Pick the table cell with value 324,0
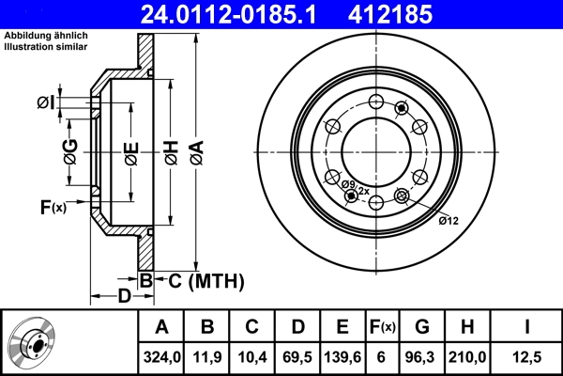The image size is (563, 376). pyautogui.click(x=161, y=356)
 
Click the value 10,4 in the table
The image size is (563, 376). pyautogui.click(x=252, y=356)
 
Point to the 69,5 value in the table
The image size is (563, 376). pyautogui.click(x=297, y=356)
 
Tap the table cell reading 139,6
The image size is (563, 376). pyautogui.click(x=342, y=356)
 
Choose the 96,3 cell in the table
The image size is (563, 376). pyautogui.click(x=421, y=356)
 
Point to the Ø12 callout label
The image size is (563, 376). pyautogui.click(x=449, y=221)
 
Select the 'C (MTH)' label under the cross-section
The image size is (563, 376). pyautogui.click(x=200, y=280)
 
